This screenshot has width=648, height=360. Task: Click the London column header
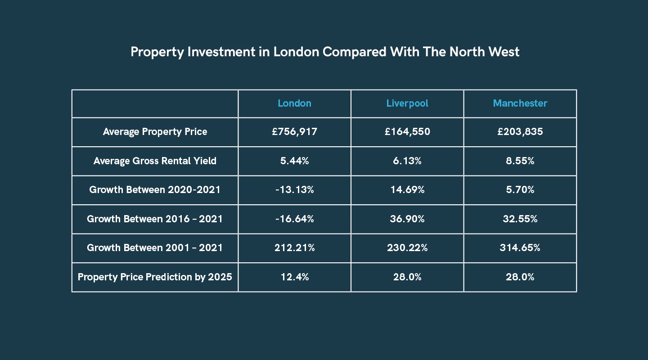pyautogui.click(x=294, y=103)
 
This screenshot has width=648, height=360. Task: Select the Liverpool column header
pyautogui.click(x=407, y=103)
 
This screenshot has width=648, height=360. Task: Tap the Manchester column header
pyautogui.click(x=520, y=103)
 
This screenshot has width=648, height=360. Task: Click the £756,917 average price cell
pyautogui.click(x=294, y=132)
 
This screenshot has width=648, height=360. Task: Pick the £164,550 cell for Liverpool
pyautogui.click(x=407, y=132)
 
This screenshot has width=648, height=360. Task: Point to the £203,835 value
pyautogui.click(x=520, y=132)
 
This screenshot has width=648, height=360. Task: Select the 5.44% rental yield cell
pyautogui.click(x=294, y=161)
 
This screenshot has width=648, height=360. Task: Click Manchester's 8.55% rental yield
pyautogui.click(x=520, y=161)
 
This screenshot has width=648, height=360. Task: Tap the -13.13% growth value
pyautogui.click(x=294, y=190)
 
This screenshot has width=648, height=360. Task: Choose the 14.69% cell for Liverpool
pyautogui.click(x=407, y=190)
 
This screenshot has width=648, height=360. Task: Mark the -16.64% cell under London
pyautogui.click(x=294, y=219)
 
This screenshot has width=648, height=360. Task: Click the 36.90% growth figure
pyautogui.click(x=407, y=219)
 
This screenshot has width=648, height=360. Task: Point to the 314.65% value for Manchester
pyautogui.click(x=520, y=248)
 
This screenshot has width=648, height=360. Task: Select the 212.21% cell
pyautogui.click(x=294, y=248)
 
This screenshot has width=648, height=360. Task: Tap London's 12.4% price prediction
pyautogui.click(x=294, y=277)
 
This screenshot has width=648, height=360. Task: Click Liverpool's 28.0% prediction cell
pyautogui.click(x=407, y=277)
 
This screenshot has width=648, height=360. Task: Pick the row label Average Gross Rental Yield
pyautogui.click(x=155, y=161)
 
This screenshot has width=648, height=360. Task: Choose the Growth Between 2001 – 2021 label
pyautogui.click(x=155, y=248)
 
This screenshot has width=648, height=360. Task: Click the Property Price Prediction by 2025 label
pyautogui.click(x=155, y=277)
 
